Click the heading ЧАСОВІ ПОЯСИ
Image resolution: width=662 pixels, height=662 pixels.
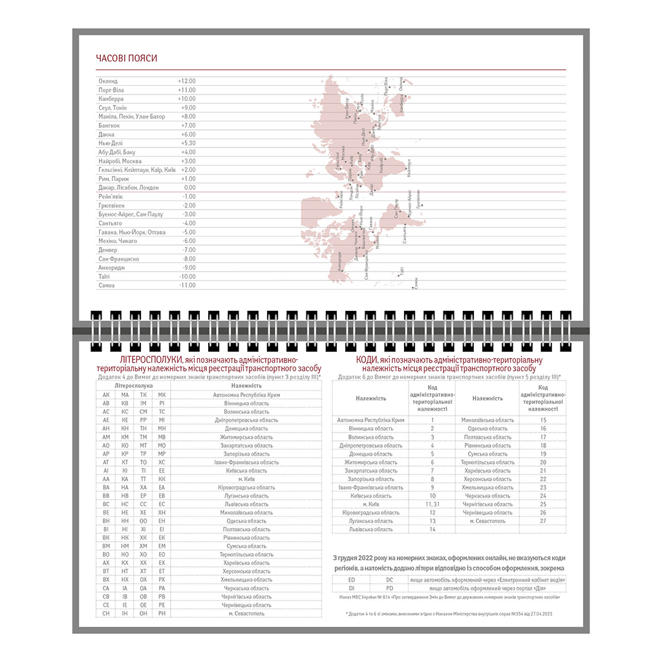[127, 58]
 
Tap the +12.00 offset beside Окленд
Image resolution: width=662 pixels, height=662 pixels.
[187, 81]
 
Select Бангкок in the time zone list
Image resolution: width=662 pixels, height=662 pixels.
[110, 125]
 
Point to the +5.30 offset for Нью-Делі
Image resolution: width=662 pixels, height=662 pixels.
[187, 144]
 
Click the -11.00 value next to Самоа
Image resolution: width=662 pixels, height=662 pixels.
[187, 285]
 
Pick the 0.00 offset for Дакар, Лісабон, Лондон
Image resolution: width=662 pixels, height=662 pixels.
[189, 187]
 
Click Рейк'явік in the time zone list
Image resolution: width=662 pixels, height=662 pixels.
[111, 197]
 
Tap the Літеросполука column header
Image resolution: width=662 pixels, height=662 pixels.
[133, 385]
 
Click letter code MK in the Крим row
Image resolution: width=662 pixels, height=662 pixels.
[162, 394]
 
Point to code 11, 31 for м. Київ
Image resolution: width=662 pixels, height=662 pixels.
[432, 504]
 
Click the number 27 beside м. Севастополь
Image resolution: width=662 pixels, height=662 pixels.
[543, 520]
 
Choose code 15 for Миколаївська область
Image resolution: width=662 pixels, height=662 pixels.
[543, 420]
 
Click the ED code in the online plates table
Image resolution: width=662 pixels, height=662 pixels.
[351, 580]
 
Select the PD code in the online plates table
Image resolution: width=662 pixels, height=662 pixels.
[389, 588]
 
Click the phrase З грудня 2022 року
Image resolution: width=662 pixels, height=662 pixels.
[359, 558]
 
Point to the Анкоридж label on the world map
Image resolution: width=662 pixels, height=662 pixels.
[336, 261]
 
